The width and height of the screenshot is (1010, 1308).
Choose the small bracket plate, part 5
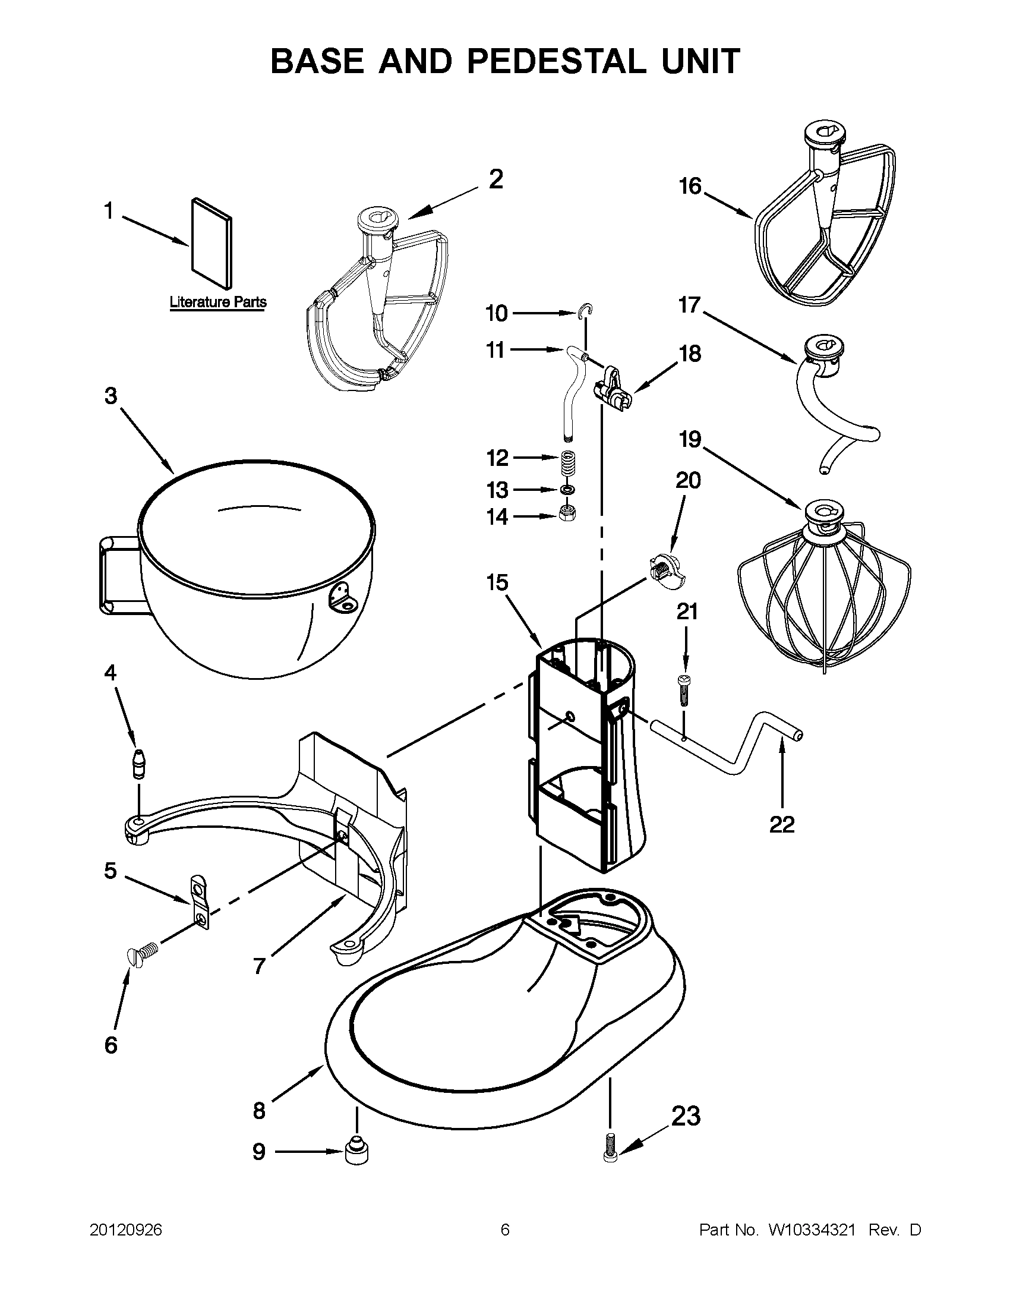pos(200,901)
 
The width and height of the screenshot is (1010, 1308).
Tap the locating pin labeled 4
pos(139,764)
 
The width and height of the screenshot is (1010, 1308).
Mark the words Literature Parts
pos(218,302)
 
